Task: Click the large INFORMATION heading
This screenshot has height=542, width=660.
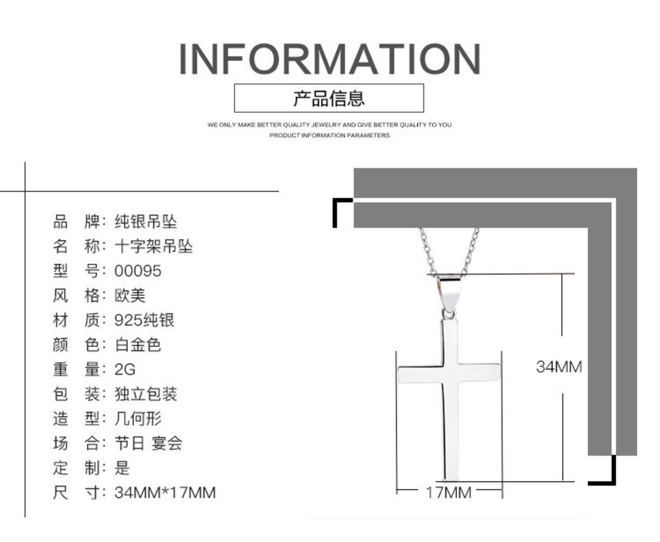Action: coord(329,59)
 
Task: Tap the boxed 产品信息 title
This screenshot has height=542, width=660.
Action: coord(329,98)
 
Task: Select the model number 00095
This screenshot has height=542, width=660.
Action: coord(138,271)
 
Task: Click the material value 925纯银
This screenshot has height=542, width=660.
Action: coord(144,320)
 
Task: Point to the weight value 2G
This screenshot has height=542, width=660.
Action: coord(125,369)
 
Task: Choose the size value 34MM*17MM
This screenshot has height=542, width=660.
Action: coord(165,492)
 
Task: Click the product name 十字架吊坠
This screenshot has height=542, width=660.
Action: coord(154,246)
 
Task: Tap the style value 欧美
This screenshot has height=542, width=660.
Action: coord(130,295)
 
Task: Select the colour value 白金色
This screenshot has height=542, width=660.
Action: coord(138,344)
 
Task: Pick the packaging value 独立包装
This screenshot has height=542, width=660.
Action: coord(146,394)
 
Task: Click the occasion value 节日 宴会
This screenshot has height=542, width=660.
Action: coord(148,443)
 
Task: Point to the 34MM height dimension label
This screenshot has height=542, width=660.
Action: coord(559,367)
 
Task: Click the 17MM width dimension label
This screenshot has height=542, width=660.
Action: coord(449,492)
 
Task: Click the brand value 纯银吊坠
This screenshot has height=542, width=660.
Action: coord(146,222)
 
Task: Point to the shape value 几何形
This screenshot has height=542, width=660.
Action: coord(138,418)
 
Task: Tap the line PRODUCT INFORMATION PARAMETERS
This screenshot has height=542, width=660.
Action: coord(329,135)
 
